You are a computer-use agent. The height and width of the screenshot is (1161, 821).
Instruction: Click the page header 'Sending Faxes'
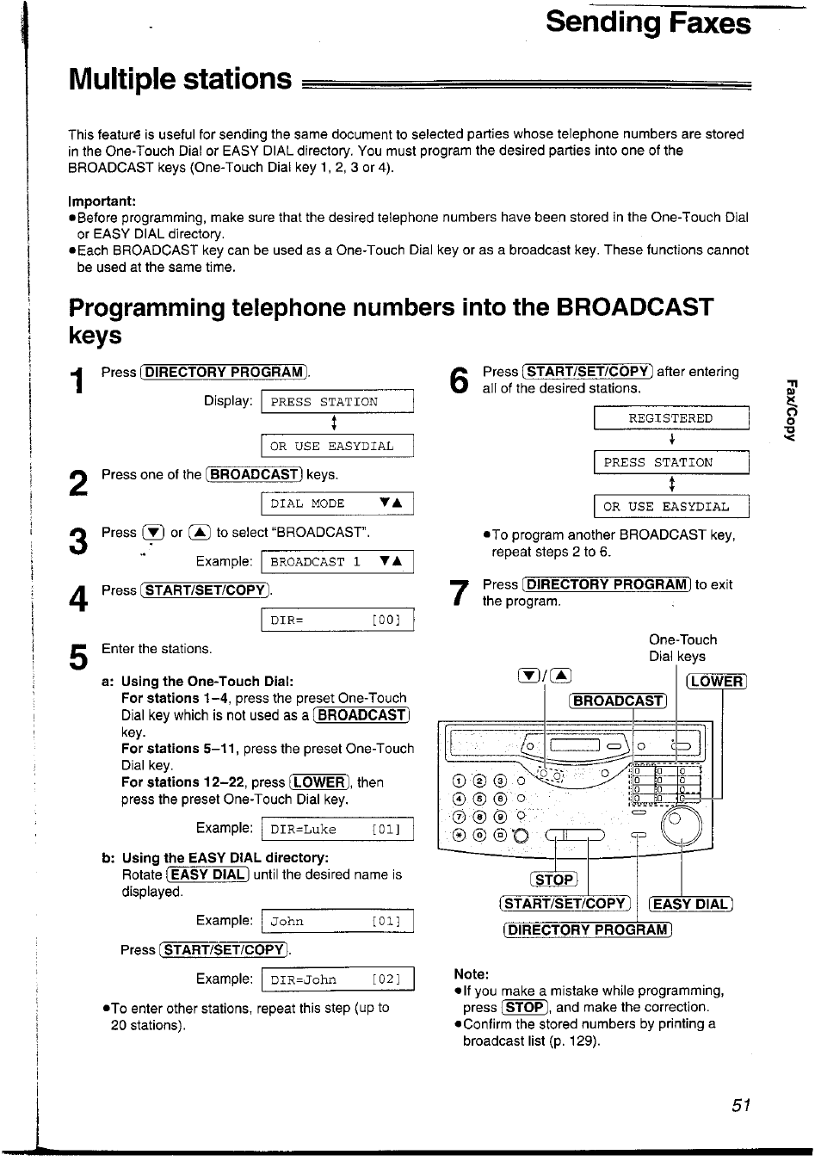coord(647,22)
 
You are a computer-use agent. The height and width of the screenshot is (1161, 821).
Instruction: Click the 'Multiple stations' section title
coord(181,79)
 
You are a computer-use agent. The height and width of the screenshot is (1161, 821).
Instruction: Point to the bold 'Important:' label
coord(102,201)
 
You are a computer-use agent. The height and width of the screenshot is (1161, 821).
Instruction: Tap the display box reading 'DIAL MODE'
coord(336,503)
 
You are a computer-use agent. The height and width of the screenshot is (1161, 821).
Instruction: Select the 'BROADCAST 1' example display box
coord(336,562)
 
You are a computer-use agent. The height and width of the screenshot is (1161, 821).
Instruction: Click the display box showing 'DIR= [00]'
coord(336,620)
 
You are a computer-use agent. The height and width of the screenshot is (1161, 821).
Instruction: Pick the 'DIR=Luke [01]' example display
coord(336,830)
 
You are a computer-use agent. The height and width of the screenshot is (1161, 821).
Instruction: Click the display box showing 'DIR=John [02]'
coord(336,979)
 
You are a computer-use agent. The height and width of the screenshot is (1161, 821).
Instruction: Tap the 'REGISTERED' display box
coord(670,418)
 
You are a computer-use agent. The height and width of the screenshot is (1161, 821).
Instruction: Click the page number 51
coord(742,1106)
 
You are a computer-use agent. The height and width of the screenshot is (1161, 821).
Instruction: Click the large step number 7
coord(460,593)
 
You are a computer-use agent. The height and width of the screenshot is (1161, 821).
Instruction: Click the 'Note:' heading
coord(472,974)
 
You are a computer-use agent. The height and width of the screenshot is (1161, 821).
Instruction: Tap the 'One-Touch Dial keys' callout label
coord(682,648)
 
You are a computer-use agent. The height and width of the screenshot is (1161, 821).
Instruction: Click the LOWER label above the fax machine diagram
coord(716,682)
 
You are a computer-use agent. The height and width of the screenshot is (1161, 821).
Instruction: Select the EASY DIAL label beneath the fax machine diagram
coord(691,904)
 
